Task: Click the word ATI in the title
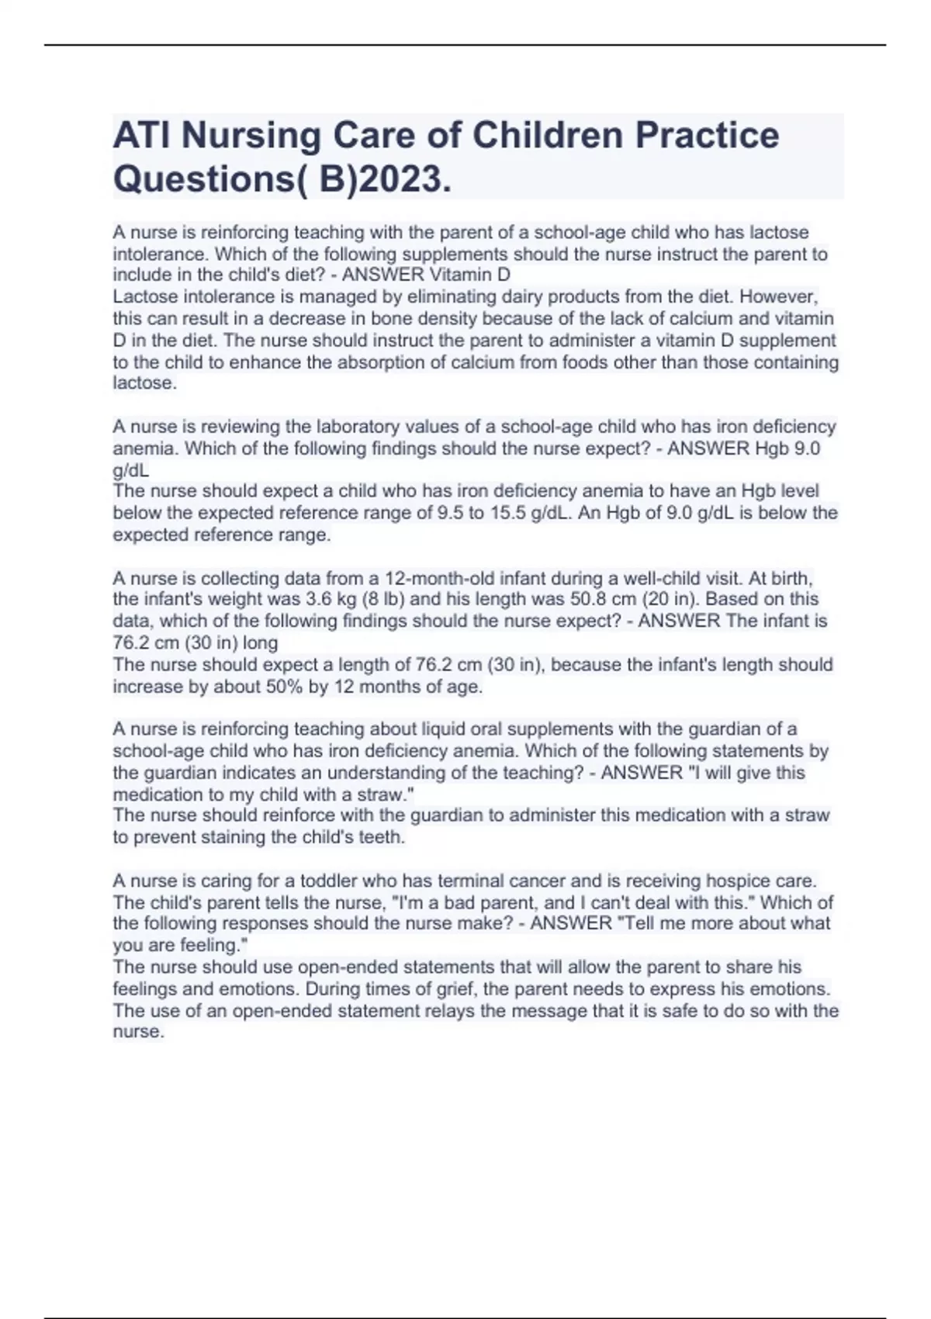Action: pos(142,136)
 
